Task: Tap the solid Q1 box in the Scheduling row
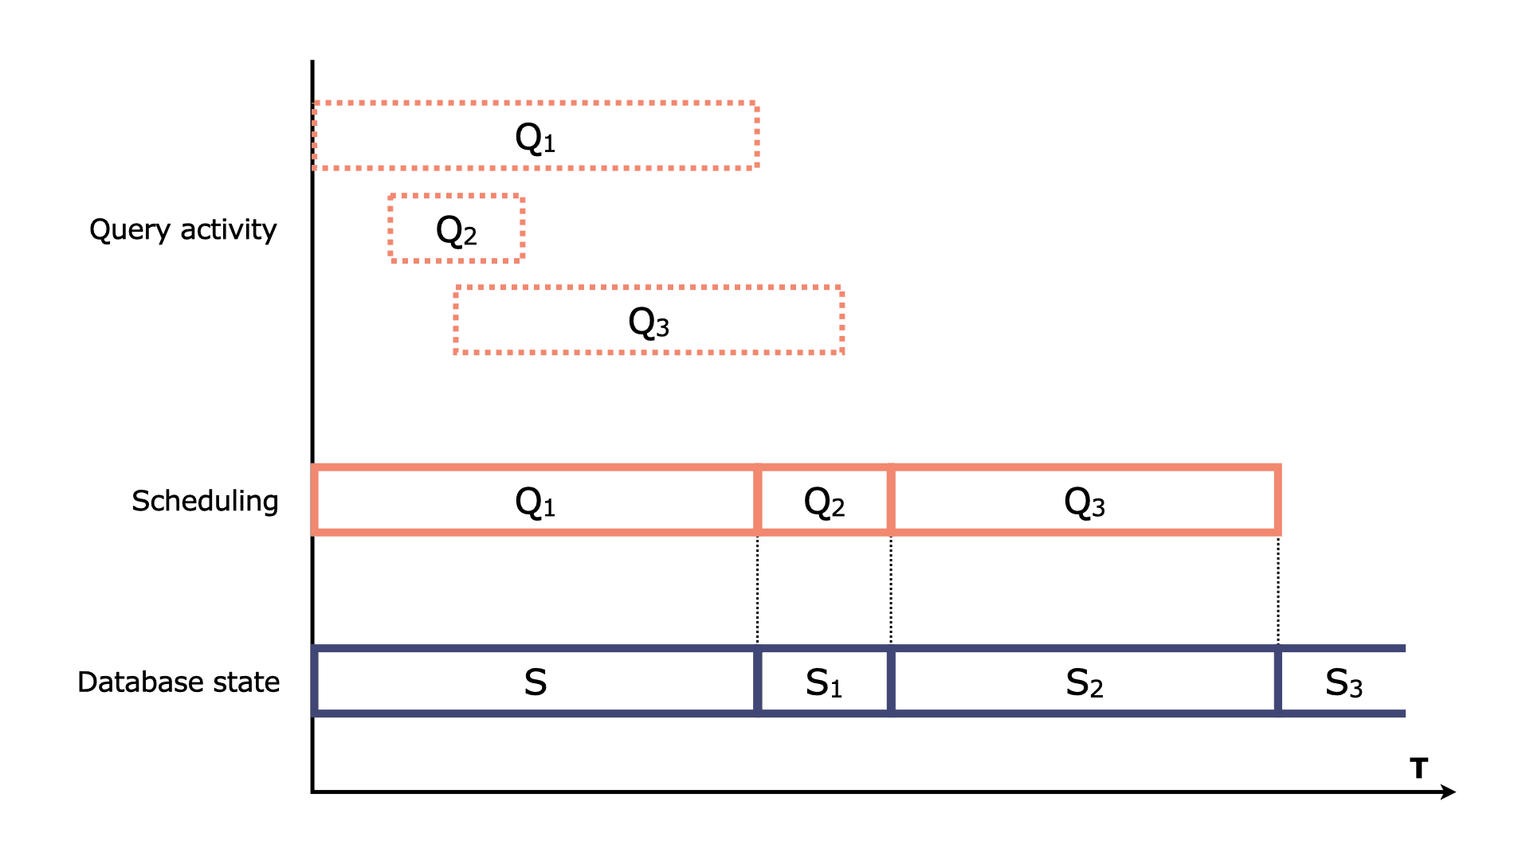[535, 500]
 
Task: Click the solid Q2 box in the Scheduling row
[824, 500]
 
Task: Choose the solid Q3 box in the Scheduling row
[1085, 500]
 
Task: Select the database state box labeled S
[535, 682]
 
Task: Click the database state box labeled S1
[824, 682]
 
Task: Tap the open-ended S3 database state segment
[1344, 682]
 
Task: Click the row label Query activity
[182, 229]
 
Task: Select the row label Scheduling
[205, 501]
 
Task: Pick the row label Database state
[178, 682]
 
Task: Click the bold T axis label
[1418, 768]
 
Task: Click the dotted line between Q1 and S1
[757, 589]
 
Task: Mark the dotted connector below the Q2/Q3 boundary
[891, 589]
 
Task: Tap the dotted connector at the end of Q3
[1278, 589]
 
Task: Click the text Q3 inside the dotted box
[649, 322]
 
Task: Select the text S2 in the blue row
[1085, 682]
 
